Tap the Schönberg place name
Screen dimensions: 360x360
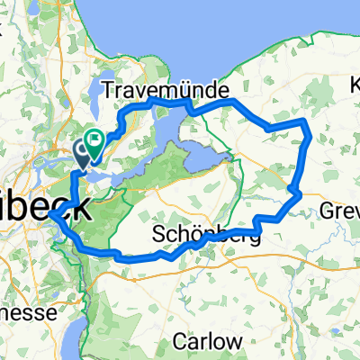pyautogui.click(x=206, y=235)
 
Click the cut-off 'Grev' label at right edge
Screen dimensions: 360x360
pyautogui.click(x=340, y=212)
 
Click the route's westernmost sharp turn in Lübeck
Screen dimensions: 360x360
pyautogui.click(x=50, y=214)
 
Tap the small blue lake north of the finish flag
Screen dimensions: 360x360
pyautogui.click(x=99, y=90)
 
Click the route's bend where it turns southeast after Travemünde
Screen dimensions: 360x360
pyautogui.click(x=236, y=103)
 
